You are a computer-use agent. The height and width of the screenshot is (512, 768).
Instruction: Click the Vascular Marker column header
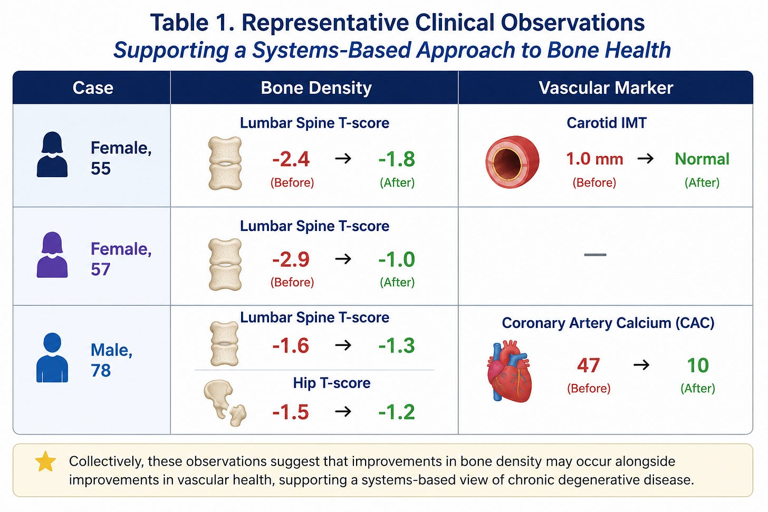coord(606,88)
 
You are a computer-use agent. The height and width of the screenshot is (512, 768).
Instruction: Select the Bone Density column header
coord(316,88)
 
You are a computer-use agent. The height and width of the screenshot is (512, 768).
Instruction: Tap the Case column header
coord(93,88)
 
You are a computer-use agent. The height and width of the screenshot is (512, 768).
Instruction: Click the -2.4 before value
coord(291,159)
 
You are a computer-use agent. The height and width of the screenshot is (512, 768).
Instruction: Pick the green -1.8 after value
coord(397,159)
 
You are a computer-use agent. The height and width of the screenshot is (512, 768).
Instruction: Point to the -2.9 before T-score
coord(291,259)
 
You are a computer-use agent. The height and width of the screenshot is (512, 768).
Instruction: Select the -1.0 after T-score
coord(397,259)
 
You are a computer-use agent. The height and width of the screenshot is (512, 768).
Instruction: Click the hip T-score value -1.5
coord(291,412)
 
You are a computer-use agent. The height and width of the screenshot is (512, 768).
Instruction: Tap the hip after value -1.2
coord(397,412)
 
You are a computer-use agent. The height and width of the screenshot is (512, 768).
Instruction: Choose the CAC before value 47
coord(588,365)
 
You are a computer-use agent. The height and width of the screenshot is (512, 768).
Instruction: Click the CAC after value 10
coord(698,365)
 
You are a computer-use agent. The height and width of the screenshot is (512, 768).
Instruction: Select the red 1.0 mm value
coord(594,159)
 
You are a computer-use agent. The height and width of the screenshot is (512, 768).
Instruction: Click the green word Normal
coord(702,159)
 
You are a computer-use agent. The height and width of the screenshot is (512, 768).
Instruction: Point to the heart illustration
coord(510,371)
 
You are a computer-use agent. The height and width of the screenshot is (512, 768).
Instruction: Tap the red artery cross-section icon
coord(512,162)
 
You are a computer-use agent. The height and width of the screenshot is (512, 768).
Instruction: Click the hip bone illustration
coord(225,403)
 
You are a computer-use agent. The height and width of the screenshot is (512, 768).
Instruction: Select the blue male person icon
coord(52,358)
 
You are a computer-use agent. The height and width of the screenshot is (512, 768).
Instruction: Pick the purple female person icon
coord(52,255)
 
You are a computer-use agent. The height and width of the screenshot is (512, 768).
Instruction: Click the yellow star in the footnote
coord(45,461)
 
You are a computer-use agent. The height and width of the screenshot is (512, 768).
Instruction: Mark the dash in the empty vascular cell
coord(595,255)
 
